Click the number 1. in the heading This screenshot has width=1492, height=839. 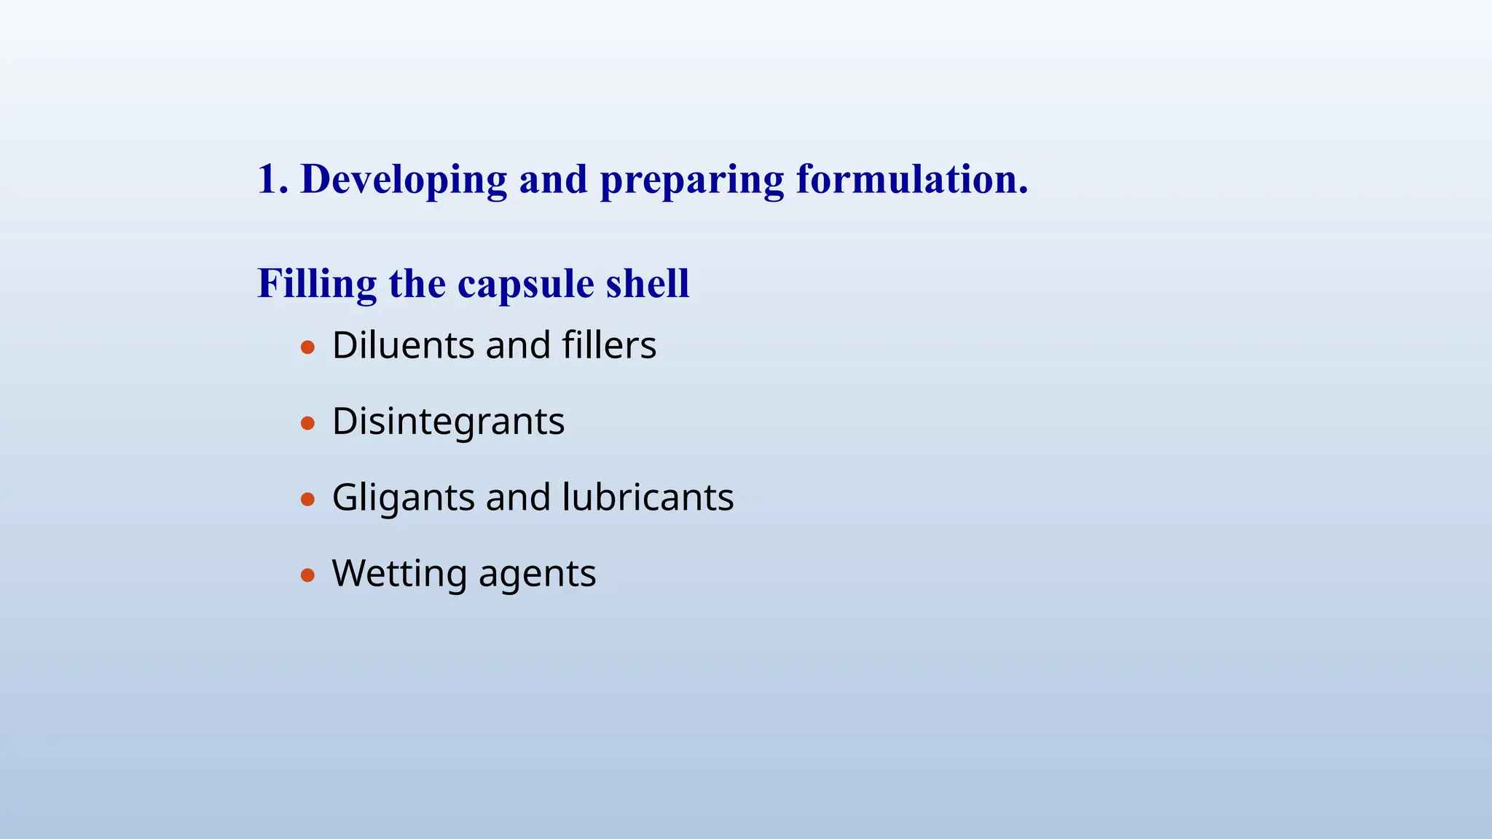(272, 179)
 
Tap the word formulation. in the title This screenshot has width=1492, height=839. (912, 179)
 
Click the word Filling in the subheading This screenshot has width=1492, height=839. (317, 284)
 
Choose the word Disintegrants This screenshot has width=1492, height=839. (448, 422)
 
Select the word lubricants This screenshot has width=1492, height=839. (648, 497)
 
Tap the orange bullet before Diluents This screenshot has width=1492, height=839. (307, 347)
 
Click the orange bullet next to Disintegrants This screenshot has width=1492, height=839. (307, 423)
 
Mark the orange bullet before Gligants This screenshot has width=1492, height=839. (307, 500)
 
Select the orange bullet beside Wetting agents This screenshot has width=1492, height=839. (307, 575)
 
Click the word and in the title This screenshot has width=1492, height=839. (553, 180)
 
